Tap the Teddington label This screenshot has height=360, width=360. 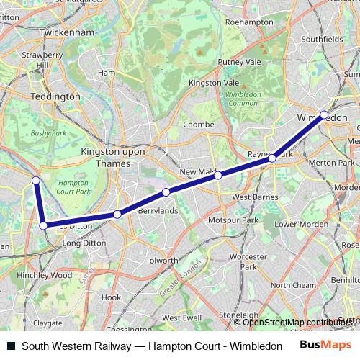55,96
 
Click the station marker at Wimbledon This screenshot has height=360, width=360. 324,114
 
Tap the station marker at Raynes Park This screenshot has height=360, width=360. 273,156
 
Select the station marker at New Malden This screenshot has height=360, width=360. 217,175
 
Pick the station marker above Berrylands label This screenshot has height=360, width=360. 166,192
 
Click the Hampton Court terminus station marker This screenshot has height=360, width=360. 35,180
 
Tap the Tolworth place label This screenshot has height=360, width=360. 161,260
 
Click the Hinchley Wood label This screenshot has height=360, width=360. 45,275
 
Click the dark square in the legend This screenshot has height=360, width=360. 10,346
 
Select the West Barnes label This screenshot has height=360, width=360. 251,197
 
